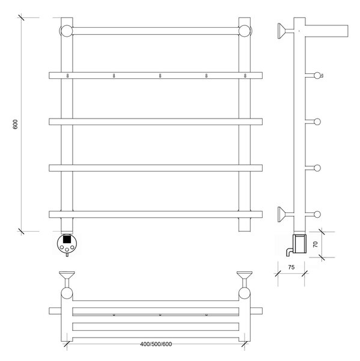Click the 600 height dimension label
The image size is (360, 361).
[x=15, y=125]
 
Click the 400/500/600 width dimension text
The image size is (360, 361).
[x=156, y=344]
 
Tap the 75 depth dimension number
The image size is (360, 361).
[x=291, y=267]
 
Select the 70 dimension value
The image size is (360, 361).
[x=316, y=244]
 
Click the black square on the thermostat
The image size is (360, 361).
[x=67, y=238]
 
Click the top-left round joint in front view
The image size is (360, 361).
[x=67, y=31]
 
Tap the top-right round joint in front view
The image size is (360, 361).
[x=245, y=31]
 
